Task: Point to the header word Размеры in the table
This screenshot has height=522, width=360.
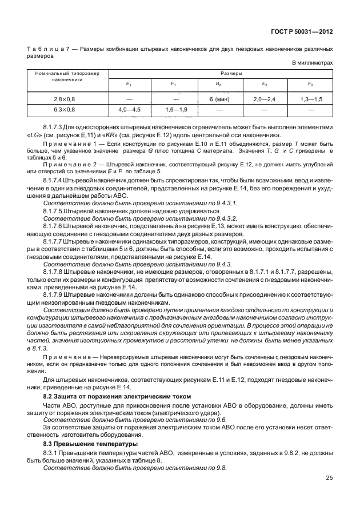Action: [219, 74]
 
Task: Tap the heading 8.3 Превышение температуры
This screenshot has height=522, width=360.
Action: [83, 444]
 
